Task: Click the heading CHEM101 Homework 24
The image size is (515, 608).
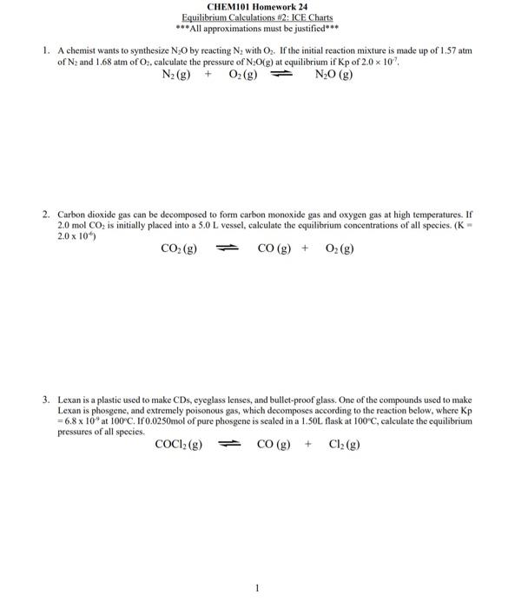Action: point(257,7)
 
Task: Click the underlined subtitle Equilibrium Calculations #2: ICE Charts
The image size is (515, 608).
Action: point(257,17)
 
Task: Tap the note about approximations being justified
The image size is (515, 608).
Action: point(257,28)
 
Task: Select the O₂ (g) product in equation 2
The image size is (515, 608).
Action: point(340,248)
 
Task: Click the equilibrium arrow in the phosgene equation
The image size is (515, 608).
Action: point(228,444)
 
